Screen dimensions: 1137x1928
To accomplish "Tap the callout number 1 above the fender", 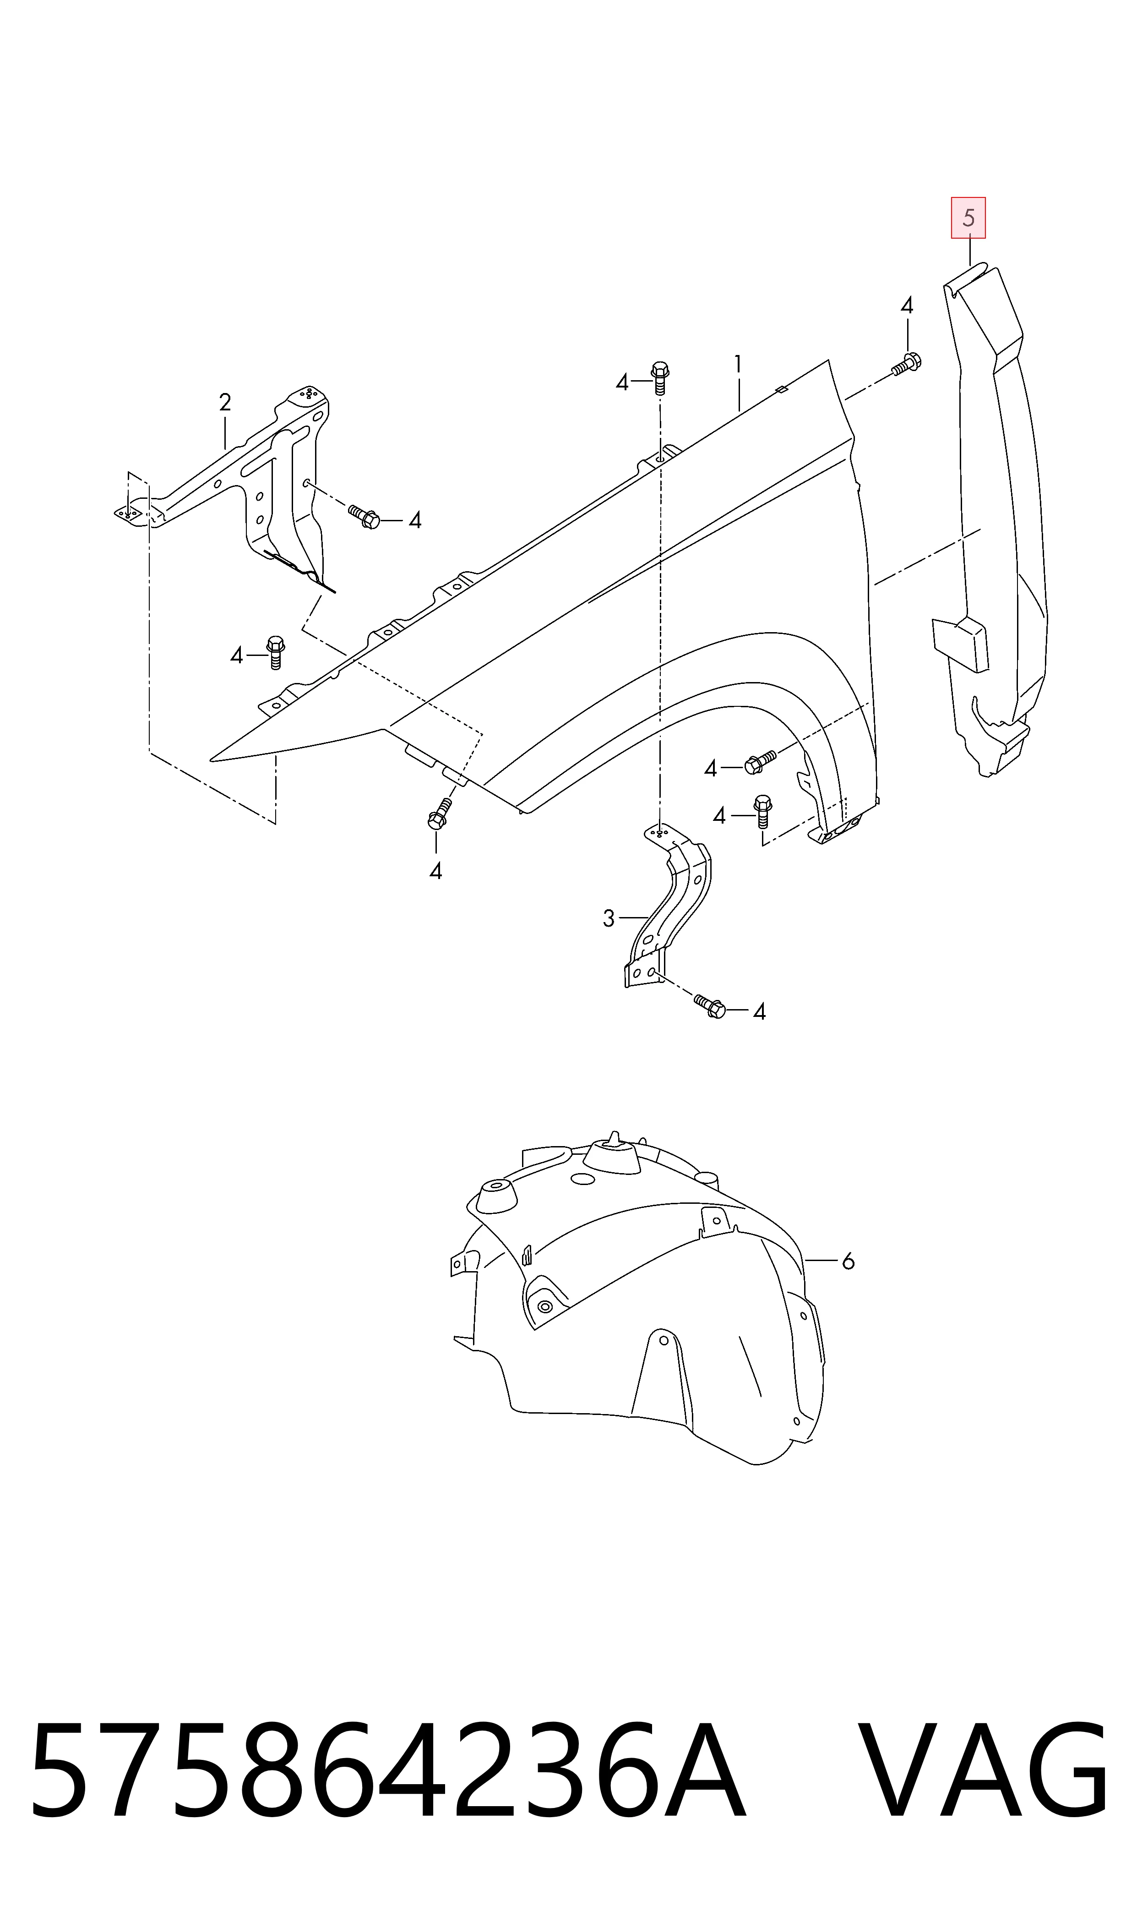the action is pos(738,364).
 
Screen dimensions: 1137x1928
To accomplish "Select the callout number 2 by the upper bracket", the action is pos(224,402).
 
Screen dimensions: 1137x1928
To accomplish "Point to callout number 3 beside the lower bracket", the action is pos(609,918).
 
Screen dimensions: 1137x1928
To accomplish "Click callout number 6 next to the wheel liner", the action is pos(848,1261).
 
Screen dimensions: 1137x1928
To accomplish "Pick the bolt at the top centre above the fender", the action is pos(660,378).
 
